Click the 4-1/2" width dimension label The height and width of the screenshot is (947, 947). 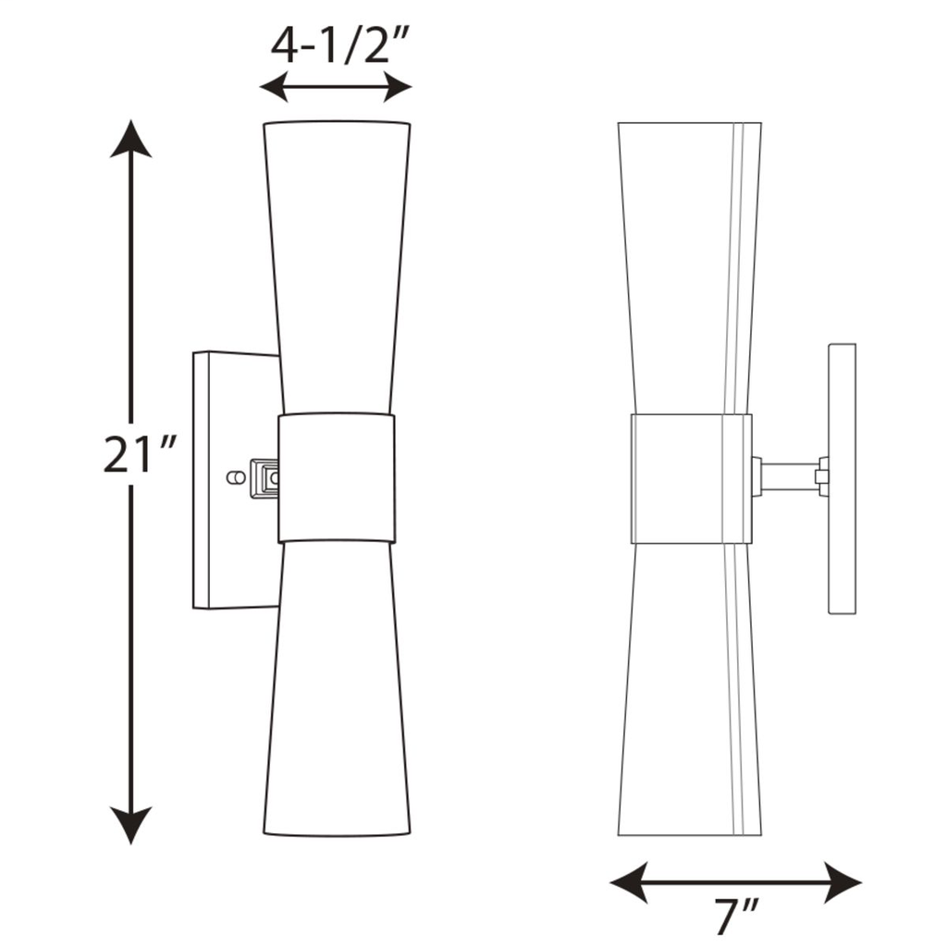(340, 46)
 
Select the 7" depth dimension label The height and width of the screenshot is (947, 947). (736, 916)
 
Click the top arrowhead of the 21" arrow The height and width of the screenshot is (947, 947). (130, 139)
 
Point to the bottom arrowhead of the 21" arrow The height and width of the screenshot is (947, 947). (130, 824)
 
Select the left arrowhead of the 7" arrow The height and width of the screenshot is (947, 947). (629, 882)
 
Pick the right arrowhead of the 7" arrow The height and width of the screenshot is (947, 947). (842, 882)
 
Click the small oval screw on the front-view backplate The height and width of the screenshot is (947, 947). (236, 478)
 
